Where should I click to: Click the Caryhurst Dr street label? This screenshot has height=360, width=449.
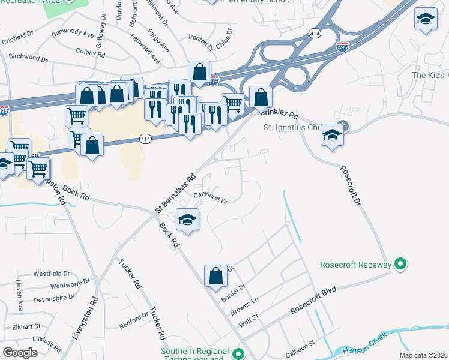coord(210,199)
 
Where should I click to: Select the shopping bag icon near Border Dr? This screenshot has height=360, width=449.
coord(215,276)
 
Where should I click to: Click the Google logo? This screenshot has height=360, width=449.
coord(20,353)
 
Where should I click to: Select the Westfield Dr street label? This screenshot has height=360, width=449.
coord(48,274)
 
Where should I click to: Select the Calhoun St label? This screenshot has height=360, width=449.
coord(300,349)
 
